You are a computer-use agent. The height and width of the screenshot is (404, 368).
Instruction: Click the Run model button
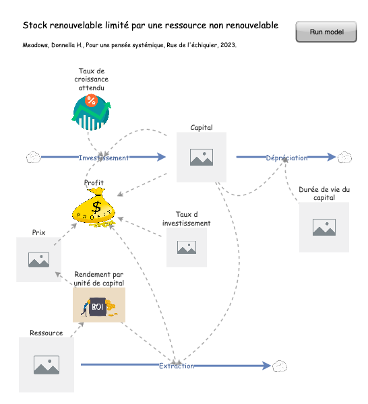(x=326, y=32)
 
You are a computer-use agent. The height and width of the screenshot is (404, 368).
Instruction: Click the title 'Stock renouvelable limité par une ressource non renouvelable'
(x=150, y=26)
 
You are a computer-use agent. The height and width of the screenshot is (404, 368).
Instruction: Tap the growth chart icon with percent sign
(x=90, y=111)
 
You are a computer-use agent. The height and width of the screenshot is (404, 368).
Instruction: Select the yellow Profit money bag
(x=95, y=207)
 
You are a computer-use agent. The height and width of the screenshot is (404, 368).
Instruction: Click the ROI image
(x=99, y=306)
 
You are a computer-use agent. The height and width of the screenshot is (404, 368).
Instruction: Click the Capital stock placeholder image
(x=201, y=158)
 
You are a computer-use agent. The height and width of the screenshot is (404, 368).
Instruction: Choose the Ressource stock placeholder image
(x=46, y=365)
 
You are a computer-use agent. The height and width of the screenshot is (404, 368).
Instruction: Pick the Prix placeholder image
(x=38, y=259)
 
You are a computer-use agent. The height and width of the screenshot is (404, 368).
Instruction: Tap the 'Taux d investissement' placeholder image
(x=187, y=247)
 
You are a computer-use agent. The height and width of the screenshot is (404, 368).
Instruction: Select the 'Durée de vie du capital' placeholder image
(x=324, y=227)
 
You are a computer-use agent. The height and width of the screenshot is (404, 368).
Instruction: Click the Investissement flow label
(x=103, y=158)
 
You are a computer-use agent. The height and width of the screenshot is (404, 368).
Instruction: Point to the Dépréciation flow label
(x=286, y=158)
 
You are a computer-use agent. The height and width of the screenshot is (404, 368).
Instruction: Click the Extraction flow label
(x=177, y=366)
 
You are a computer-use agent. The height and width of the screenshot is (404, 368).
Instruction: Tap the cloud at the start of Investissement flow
(x=33, y=158)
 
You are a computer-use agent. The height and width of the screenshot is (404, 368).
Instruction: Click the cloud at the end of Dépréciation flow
(x=344, y=158)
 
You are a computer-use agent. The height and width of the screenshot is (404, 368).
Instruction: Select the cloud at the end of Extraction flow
(x=280, y=366)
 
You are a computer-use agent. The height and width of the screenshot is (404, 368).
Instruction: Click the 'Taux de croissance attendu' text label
(x=91, y=79)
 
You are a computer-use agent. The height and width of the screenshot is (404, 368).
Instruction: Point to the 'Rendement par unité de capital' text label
(x=99, y=279)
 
